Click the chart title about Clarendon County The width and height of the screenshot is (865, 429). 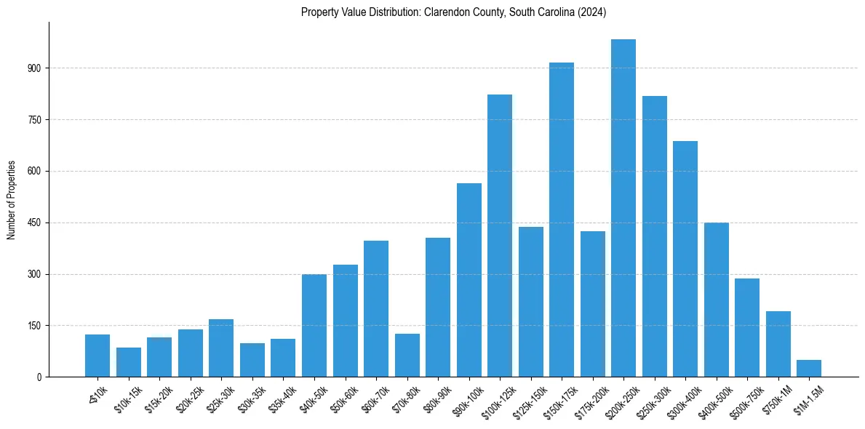click(x=453, y=12)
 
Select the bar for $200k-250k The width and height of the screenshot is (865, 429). click(x=623, y=208)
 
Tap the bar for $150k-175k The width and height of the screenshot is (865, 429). click(x=562, y=220)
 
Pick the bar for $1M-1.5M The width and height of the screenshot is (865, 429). click(x=809, y=368)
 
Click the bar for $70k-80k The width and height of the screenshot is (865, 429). click(x=407, y=355)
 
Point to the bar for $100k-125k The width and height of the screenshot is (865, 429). click(x=500, y=236)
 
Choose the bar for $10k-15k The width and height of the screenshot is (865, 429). click(x=129, y=362)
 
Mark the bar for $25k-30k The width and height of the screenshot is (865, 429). click(x=221, y=348)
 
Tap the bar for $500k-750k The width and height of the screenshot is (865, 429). click(x=747, y=327)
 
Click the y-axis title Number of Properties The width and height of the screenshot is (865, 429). click(x=12, y=200)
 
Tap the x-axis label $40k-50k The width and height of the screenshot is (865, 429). click(x=315, y=399)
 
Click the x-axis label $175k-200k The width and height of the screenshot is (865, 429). click(x=591, y=402)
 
